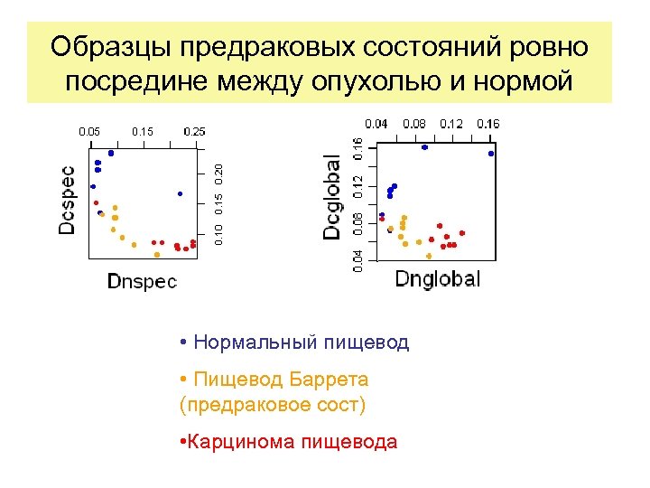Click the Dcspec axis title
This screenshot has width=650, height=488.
(x=67, y=200)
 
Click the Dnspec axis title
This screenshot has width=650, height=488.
(x=142, y=281)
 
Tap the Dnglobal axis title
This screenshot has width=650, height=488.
(x=437, y=278)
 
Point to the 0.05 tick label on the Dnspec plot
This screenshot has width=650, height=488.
(x=89, y=131)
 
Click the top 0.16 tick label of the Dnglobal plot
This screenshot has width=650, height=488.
(x=487, y=122)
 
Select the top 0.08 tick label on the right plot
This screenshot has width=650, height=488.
(x=414, y=122)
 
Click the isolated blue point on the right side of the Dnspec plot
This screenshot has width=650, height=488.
(x=180, y=193)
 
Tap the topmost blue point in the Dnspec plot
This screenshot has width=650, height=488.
(x=111, y=153)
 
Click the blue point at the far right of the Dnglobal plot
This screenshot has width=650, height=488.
(x=491, y=154)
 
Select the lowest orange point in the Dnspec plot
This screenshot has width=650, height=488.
(x=157, y=254)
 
